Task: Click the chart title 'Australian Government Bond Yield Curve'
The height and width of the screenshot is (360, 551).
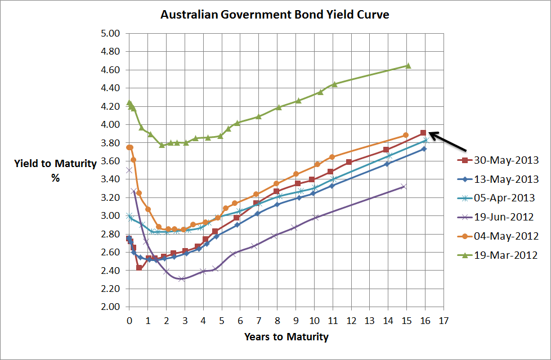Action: [x=275, y=15]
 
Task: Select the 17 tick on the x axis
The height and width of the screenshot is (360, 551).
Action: [x=444, y=319]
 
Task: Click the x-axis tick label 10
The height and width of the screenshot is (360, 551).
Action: [x=314, y=319]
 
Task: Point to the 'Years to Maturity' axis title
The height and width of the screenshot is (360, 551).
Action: [x=286, y=337]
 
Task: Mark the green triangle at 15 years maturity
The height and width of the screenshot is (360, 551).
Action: [x=408, y=66]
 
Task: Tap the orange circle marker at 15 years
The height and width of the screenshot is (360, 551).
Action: [x=406, y=135]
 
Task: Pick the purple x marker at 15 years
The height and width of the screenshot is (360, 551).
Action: [x=404, y=186]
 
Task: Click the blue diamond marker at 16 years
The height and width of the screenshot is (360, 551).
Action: [x=424, y=148]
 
